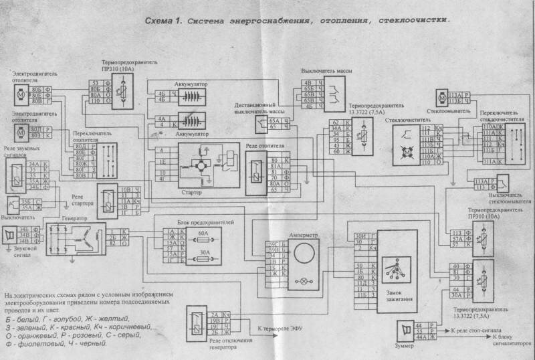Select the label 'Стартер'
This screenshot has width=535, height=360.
pos(198,193)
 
